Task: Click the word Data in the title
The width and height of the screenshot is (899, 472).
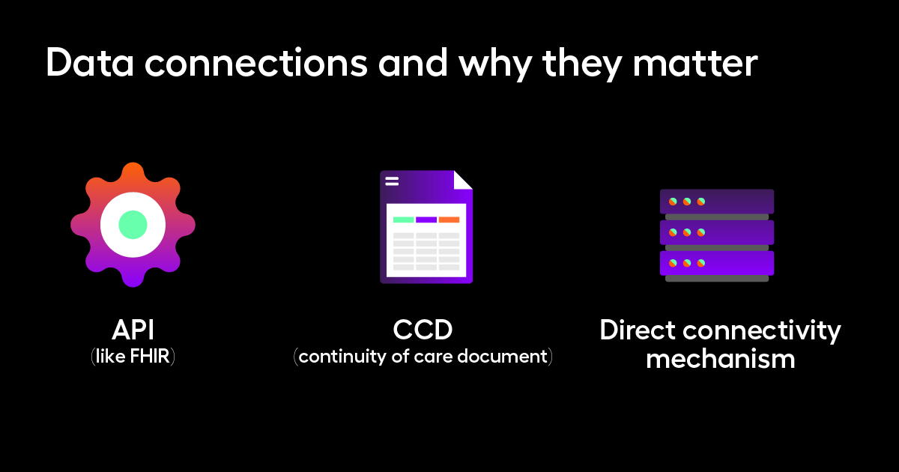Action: point(90,62)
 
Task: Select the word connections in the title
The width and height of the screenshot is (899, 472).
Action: point(256,62)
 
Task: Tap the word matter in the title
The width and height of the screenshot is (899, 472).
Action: point(695,62)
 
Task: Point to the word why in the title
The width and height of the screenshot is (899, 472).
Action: point(495,64)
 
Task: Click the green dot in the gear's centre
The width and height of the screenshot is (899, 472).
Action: point(133,225)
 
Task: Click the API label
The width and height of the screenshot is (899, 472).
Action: point(133,330)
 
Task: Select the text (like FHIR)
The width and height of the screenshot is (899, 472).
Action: point(133,357)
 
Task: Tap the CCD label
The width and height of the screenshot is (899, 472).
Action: point(423,330)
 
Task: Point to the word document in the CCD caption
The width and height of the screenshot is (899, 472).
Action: point(503,357)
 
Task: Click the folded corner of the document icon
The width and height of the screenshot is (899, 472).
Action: point(463,180)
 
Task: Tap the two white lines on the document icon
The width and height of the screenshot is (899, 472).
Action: point(392,181)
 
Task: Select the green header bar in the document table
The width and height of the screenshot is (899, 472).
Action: point(403,220)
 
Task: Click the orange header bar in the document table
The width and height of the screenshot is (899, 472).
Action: point(449,220)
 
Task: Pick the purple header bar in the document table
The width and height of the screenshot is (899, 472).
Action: point(426,220)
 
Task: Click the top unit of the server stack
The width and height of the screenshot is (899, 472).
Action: point(717,202)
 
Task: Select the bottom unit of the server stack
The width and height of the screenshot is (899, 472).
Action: point(717,263)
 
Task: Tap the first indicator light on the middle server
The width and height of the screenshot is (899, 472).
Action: point(673,232)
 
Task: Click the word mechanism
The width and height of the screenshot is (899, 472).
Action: point(721,359)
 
